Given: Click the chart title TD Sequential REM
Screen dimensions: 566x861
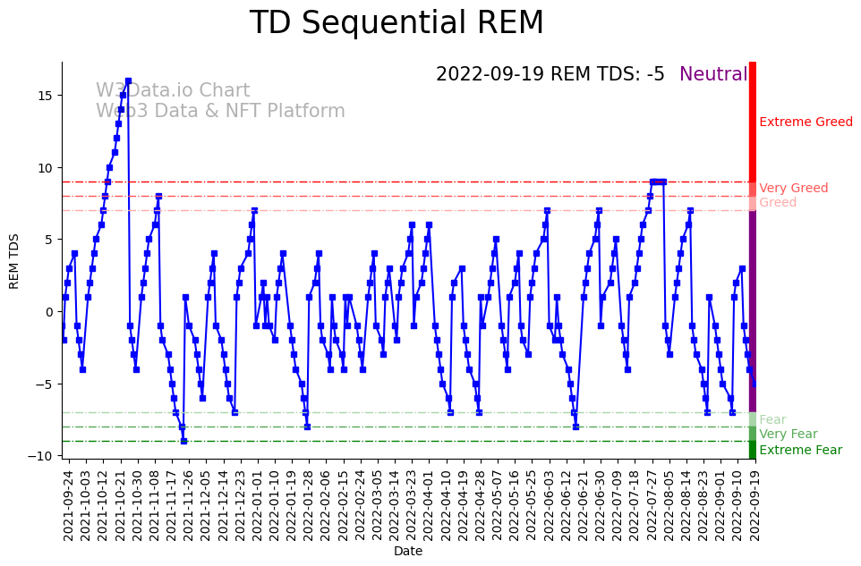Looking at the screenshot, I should pyautogui.click(x=396, y=23).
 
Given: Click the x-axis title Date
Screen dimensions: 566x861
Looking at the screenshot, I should pyautogui.click(x=408, y=552).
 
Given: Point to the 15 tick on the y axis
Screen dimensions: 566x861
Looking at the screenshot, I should pyautogui.click(x=44, y=96).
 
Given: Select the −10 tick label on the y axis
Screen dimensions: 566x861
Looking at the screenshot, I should pyautogui.click(x=41, y=456).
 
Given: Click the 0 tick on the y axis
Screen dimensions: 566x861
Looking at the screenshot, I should pyautogui.click(x=50, y=312).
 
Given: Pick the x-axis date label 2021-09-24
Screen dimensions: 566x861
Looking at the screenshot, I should pyautogui.click(x=68, y=505).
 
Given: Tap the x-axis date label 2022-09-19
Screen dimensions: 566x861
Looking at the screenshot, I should pyautogui.click(x=754, y=505).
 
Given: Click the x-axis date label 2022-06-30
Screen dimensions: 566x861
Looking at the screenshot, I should pyautogui.click(x=600, y=505).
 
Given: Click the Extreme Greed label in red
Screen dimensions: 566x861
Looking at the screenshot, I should pyautogui.click(x=806, y=122).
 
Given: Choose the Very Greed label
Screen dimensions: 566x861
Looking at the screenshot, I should pyautogui.click(x=793, y=189).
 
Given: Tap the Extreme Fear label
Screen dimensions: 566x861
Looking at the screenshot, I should pyautogui.click(x=800, y=451).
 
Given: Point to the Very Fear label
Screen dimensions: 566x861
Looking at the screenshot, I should pyautogui.click(x=788, y=435).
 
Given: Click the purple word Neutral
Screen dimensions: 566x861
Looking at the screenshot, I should pyautogui.click(x=713, y=75).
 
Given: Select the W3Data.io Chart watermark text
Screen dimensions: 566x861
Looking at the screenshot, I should pyautogui.click(x=173, y=91).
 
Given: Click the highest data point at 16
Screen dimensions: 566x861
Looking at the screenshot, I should pyautogui.click(x=128, y=81).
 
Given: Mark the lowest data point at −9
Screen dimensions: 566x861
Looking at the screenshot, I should pyautogui.click(x=183, y=441).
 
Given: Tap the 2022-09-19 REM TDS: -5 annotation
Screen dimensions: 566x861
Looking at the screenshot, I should pyautogui.click(x=550, y=75).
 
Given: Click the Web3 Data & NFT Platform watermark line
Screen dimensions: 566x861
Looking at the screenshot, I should pyautogui.click(x=220, y=112).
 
